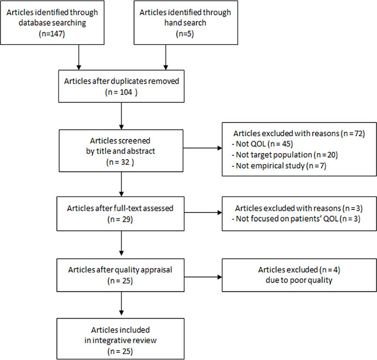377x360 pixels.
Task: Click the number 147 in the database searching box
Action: [x=56, y=33]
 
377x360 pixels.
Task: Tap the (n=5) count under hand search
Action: [x=185, y=34]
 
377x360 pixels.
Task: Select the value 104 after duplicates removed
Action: [x=126, y=92]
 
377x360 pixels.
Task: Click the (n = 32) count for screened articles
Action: [x=120, y=162]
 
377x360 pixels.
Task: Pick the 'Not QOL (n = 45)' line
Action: [x=262, y=144]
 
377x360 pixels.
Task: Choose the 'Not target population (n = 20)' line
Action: [x=285, y=155]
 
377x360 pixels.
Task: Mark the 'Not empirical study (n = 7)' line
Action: [x=279, y=166]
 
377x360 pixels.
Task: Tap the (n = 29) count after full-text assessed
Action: [x=120, y=219]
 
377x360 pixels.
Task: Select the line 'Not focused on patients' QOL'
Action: [x=285, y=219]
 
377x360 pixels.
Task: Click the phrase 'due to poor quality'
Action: [x=299, y=280]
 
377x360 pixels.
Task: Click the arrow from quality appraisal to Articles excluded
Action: [x=203, y=277]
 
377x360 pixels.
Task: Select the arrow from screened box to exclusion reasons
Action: [x=202, y=148]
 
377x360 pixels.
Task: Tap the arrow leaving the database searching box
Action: [x=79, y=57]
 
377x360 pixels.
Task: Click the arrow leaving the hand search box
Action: [x=166, y=57]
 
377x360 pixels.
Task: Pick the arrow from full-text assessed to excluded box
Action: [x=203, y=213]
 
